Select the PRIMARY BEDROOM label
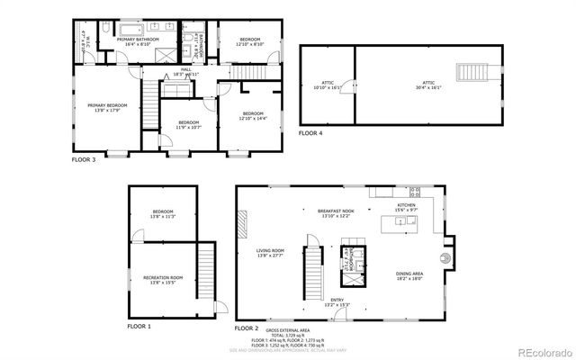pos(107,108)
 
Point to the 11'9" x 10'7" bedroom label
pos(188,124)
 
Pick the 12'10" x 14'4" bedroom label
pos(254,115)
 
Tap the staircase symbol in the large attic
pos(472,73)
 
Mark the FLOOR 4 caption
pos(310,133)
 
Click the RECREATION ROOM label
pos(163,280)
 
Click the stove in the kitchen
pos(415,191)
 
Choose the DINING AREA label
pos(409,276)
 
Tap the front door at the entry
pos(336,315)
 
